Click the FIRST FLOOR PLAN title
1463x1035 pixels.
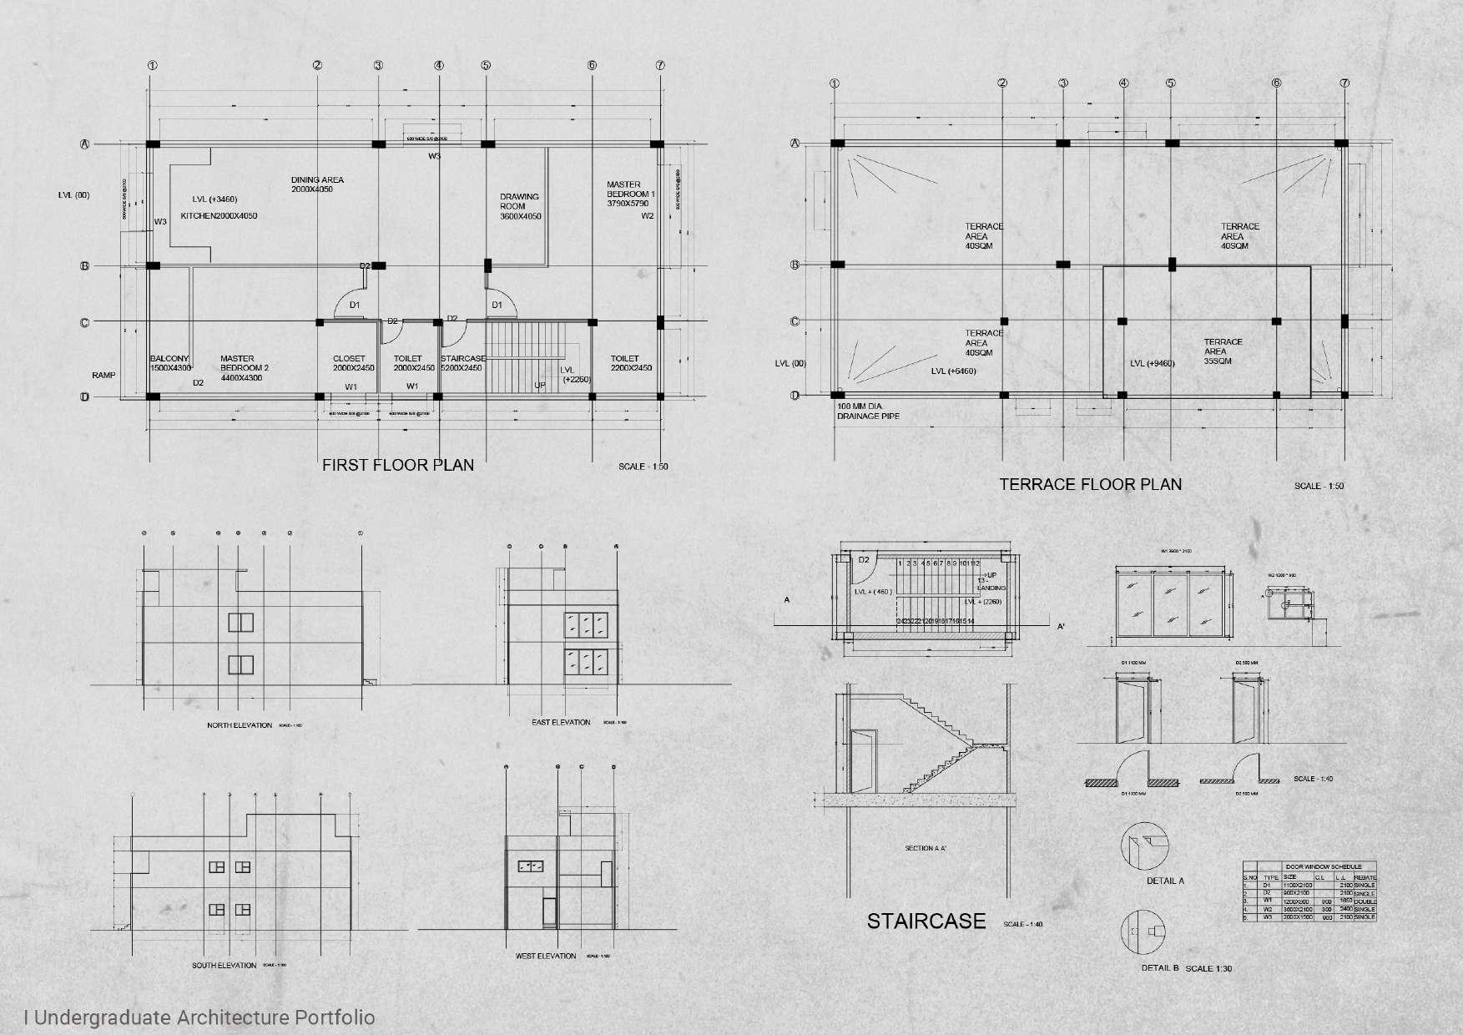[398, 466]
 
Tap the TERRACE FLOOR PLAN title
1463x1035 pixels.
[1090, 485]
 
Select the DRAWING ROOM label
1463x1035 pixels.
[520, 206]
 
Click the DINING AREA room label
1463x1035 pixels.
[317, 184]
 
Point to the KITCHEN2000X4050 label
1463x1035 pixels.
[219, 216]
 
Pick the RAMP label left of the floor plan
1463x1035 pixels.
[103, 376]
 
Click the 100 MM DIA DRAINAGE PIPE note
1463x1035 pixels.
[868, 411]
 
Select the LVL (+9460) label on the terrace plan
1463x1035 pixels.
[1152, 364]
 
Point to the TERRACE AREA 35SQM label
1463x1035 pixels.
[1223, 351]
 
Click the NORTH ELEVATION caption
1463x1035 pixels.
[240, 725]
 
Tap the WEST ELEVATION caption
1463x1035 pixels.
[546, 956]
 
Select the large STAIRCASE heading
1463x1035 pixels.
[926, 921]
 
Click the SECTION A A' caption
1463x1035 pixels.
[926, 848]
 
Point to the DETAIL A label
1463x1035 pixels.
[1165, 881]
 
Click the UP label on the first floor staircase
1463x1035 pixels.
[540, 386]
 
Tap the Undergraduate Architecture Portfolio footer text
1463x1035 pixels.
[200, 1017]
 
